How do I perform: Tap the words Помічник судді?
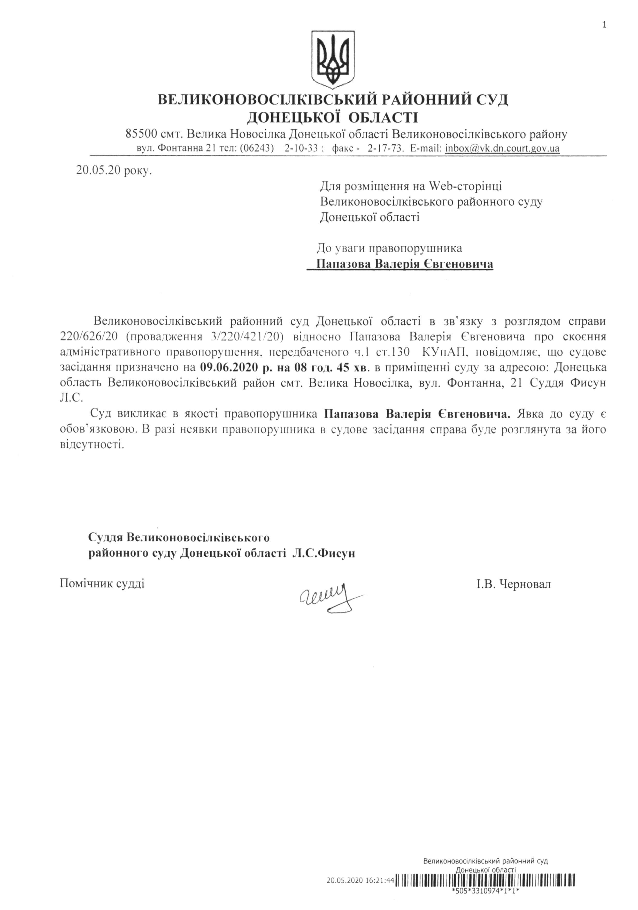[x=102, y=583]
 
